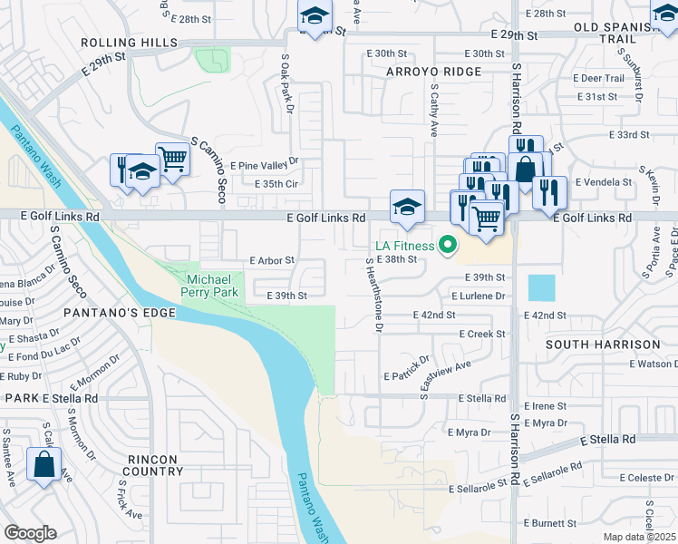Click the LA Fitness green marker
[446, 244]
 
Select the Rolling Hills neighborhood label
[128, 43]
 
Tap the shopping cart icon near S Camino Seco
[172, 159]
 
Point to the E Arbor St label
[272, 260]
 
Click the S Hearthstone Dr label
[373, 293]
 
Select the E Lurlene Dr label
[478, 296]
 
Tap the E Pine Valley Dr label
[265, 166]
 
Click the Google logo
[30, 533]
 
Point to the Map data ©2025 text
[638, 537]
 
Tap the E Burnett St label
[551, 523]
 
